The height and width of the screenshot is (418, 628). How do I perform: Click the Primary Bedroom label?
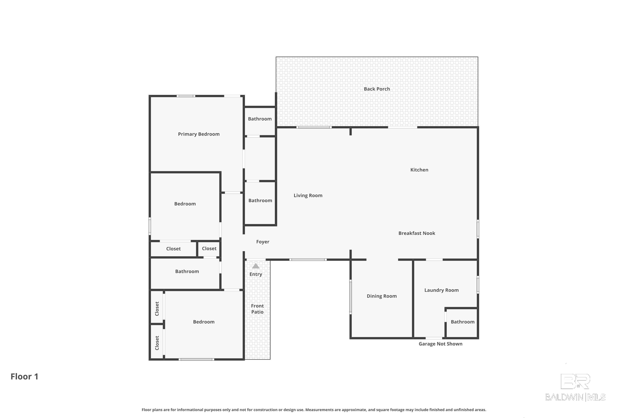[x=199, y=134]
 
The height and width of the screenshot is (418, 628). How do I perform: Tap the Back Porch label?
[x=377, y=89]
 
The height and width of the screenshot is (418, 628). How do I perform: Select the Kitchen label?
[x=419, y=170]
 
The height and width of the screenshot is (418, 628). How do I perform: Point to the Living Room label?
[x=308, y=195]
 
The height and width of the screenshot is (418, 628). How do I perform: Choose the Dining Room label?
[x=382, y=296]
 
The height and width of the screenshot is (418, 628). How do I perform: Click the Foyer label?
[x=263, y=242]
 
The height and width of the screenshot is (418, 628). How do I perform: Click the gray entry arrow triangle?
[x=256, y=266]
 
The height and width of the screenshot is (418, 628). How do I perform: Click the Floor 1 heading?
[x=24, y=376]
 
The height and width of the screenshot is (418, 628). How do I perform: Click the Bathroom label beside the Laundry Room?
[x=462, y=322]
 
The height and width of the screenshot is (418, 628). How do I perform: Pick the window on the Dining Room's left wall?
[x=351, y=297]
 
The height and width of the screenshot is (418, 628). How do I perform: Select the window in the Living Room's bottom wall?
[x=308, y=260]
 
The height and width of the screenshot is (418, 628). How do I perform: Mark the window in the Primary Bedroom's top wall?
[x=186, y=96]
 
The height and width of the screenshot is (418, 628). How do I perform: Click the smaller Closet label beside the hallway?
[x=209, y=249]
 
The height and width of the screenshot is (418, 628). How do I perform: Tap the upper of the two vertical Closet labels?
[x=157, y=309]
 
